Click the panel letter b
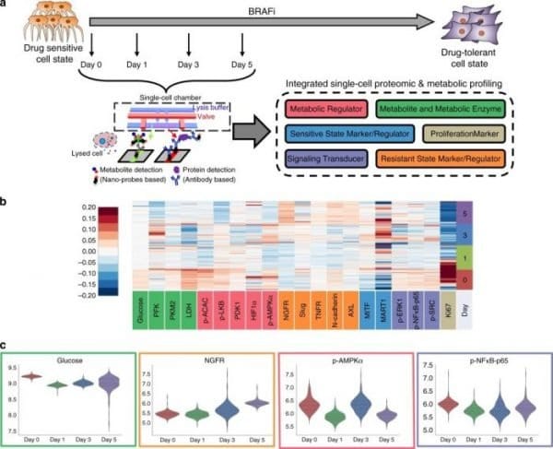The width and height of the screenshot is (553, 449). point(6,198)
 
